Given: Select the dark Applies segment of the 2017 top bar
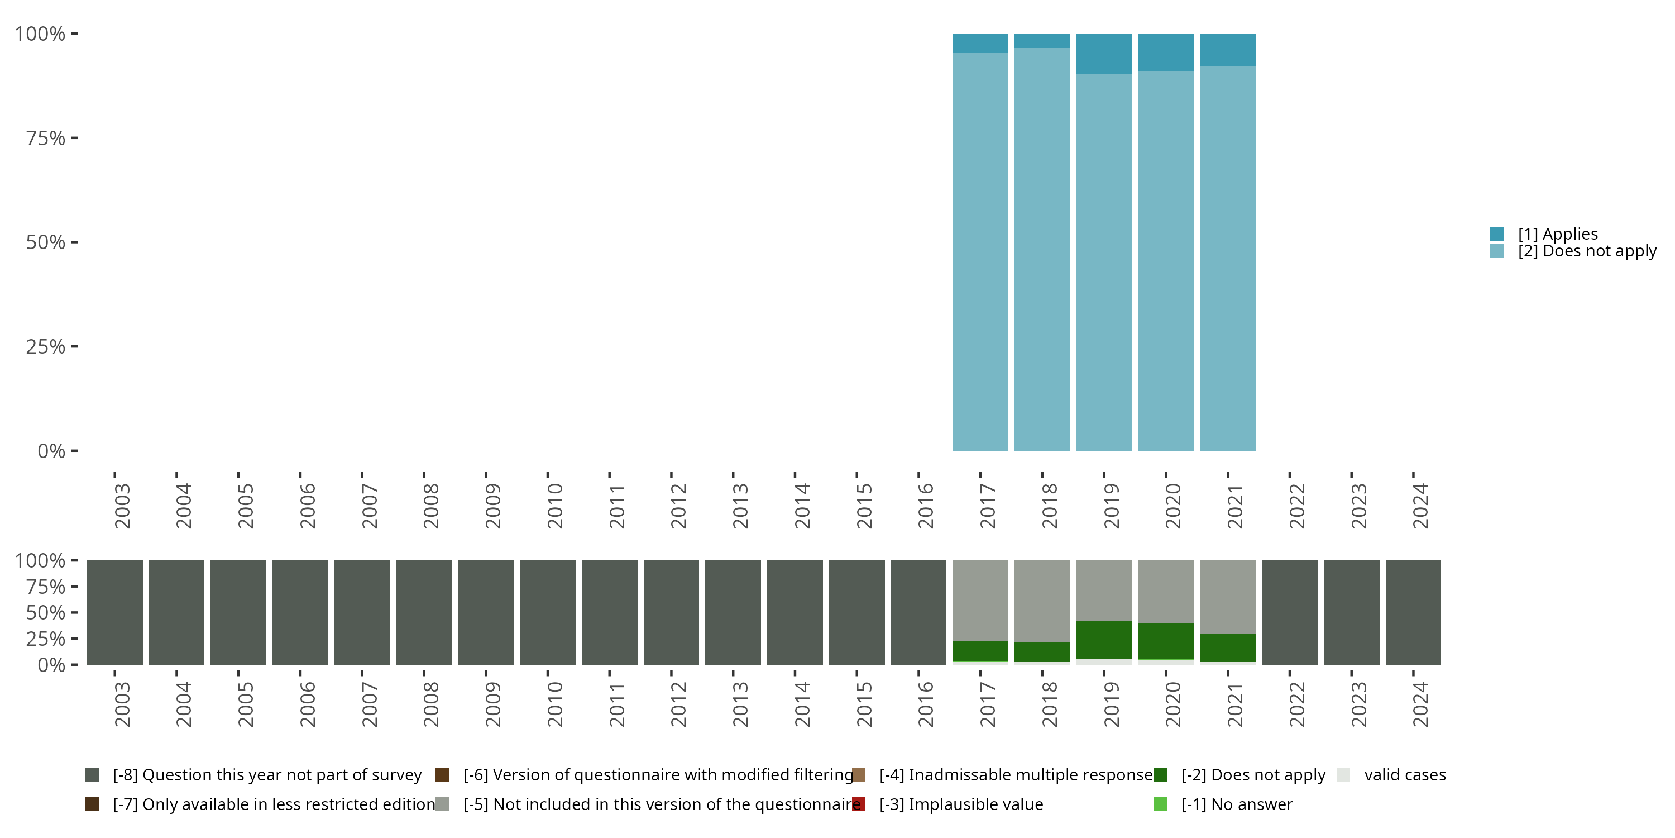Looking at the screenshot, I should (x=980, y=43).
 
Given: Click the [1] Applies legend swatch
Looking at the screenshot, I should (x=1497, y=234).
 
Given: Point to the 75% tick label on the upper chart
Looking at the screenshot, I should (x=46, y=138).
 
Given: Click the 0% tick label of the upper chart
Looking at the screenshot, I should (x=51, y=451).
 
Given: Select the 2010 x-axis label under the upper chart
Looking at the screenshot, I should (x=554, y=506).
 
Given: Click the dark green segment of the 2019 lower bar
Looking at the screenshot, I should (x=1103, y=640).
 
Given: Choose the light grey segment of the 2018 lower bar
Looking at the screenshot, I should (x=1042, y=601).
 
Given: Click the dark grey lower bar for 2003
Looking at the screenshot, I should (x=115, y=612).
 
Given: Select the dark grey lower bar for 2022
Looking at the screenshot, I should (x=1289, y=612).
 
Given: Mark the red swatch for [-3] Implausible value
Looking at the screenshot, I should (x=859, y=804).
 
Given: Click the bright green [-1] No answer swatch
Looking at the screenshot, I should (x=1160, y=804).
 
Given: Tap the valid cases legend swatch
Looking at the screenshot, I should (x=1343, y=775).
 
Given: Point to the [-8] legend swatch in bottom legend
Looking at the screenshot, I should (x=92, y=775).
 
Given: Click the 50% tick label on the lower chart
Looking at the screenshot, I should (x=46, y=613).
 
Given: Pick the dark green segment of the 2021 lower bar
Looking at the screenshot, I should (x=1227, y=647).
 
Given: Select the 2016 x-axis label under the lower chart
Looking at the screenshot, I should (x=925, y=704).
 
